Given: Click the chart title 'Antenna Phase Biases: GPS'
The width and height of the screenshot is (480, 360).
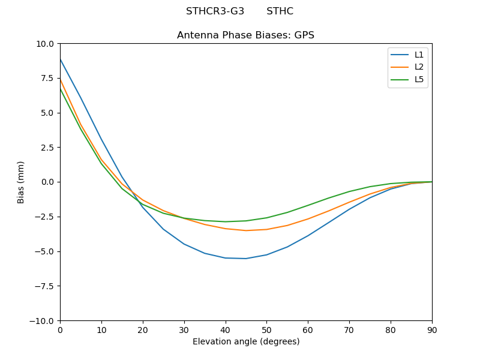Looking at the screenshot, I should coord(245,35).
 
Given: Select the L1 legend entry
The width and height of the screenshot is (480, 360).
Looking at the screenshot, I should coord(419,55).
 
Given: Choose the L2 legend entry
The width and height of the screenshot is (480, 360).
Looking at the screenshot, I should coord(419,67).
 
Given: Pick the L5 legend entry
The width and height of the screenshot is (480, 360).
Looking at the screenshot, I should coord(419,79).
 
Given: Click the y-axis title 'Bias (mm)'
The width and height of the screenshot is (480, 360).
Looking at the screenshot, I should coord(21,182).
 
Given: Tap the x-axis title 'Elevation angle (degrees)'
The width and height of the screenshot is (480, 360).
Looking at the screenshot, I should coord(245,342).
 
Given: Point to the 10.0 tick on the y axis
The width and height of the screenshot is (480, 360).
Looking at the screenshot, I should coord(46,44).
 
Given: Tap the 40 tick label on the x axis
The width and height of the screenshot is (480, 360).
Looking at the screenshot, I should coord(225,330).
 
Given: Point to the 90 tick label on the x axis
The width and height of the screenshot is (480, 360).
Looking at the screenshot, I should coord(431,330).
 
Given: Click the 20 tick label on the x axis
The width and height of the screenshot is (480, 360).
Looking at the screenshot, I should coord(143,330).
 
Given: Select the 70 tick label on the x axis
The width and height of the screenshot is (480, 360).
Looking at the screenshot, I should coord(349,330).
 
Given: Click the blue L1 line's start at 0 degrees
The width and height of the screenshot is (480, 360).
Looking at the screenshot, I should coord(60,59).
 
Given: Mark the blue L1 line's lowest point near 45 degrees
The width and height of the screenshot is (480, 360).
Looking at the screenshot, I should coord(246,259).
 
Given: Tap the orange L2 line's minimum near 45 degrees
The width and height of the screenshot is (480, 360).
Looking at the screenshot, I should coord(246,230).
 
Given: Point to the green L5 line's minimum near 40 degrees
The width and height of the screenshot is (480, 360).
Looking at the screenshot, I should coord(225,221).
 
